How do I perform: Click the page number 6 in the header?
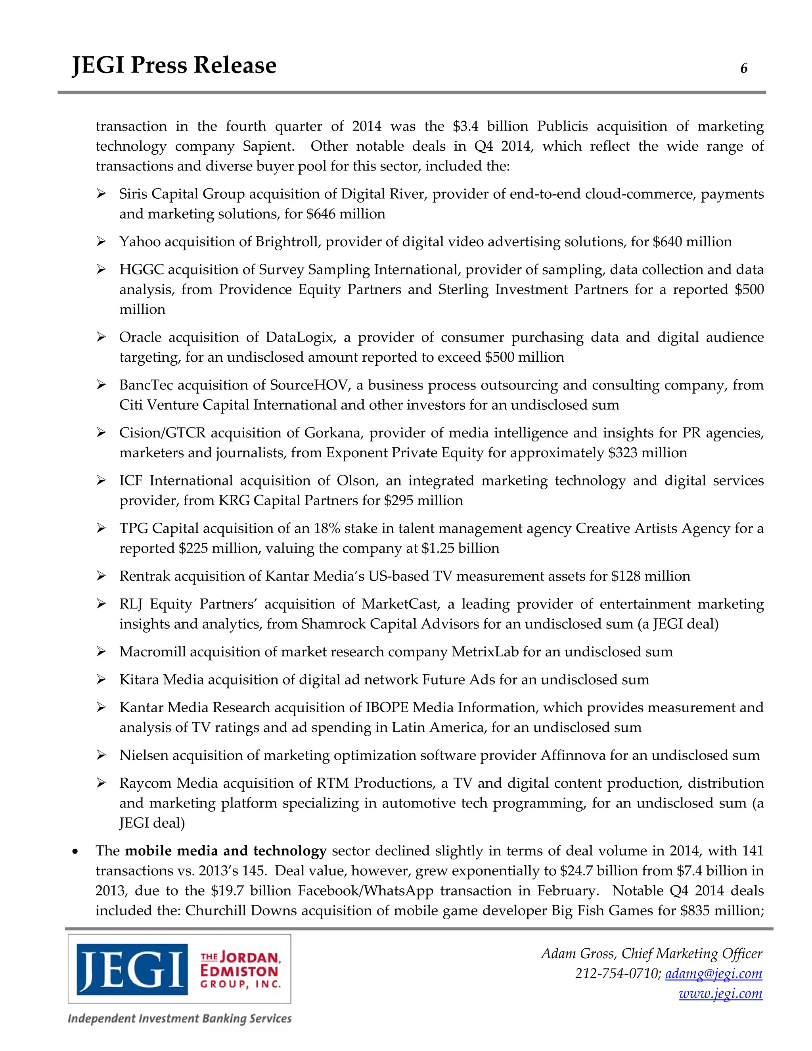pos(744,68)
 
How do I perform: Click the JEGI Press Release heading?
pos(174,65)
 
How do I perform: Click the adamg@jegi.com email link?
pos(713,974)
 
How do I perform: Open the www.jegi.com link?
pos(720,993)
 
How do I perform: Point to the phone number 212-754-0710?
pos(618,974)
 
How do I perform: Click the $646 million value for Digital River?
pos(345,214)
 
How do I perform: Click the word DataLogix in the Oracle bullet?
pos(300,338)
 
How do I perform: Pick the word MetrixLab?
pos(485,652)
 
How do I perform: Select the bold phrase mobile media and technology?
pos(226,851)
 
